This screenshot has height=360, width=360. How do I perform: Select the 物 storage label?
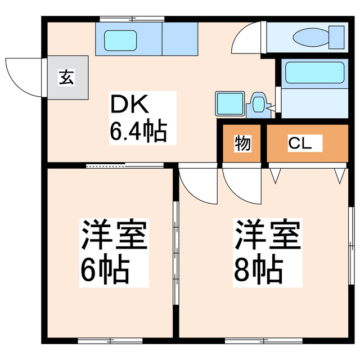pos(242,144)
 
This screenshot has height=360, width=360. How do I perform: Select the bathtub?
pos(314,72)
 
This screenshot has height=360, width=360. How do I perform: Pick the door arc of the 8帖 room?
pos(241,186)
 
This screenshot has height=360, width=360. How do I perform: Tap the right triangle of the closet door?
pos(340,176)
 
